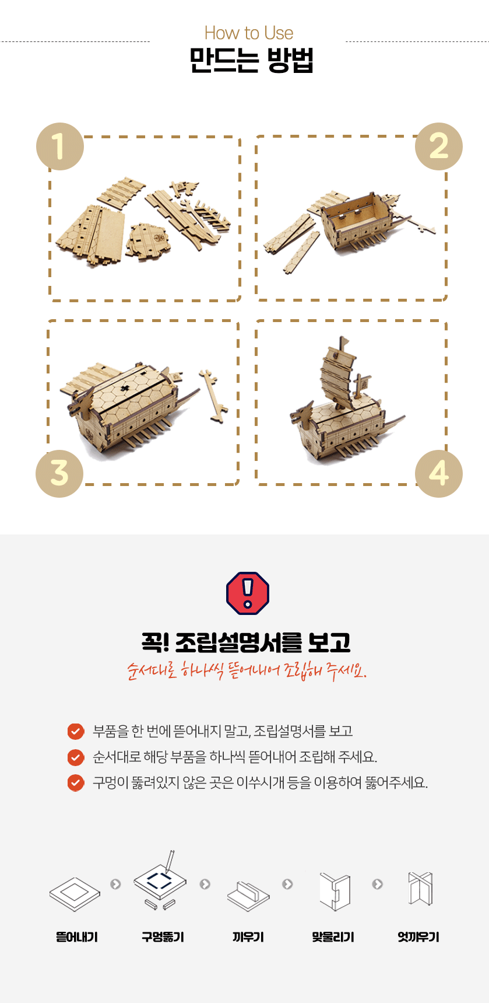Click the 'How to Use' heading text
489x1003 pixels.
249,33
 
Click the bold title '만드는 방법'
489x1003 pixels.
252,60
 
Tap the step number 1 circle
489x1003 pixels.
60,146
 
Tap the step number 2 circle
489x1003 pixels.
439,146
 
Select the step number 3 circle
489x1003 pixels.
59,473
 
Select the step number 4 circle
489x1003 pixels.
439,473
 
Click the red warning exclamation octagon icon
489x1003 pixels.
248,593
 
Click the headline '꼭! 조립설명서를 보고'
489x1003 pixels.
246,642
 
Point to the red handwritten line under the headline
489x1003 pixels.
247,670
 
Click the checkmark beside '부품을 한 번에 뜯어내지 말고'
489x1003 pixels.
76,731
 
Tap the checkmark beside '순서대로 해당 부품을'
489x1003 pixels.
76,757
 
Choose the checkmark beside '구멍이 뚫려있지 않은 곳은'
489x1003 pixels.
76,782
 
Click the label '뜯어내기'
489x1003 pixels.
77,937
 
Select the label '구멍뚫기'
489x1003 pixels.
163,937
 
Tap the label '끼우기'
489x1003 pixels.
248,937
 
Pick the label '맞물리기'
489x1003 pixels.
333,937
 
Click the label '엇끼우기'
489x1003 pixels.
418,937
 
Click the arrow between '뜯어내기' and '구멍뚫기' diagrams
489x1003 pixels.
115,884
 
